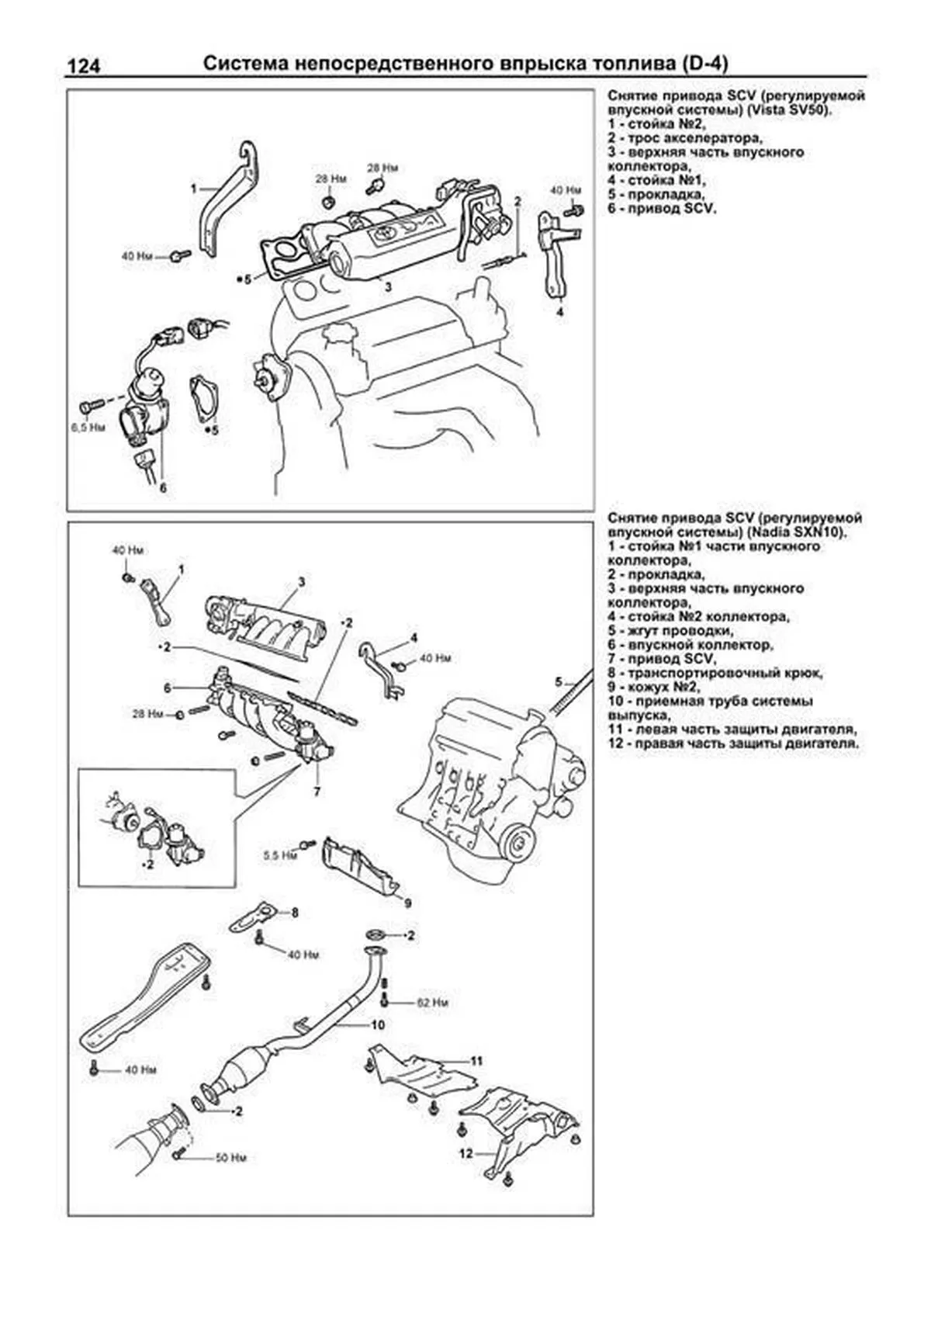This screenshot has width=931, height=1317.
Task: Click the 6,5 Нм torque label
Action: coord(88,428)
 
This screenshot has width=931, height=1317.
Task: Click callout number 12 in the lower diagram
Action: coord(465,1154)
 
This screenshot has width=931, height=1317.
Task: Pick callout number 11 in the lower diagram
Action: coord(476,1061)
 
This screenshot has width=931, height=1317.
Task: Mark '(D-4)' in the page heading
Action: coord(704,64)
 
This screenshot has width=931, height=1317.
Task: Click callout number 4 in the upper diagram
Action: coord(559,312)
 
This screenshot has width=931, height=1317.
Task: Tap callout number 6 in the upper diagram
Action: coord(163,487)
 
